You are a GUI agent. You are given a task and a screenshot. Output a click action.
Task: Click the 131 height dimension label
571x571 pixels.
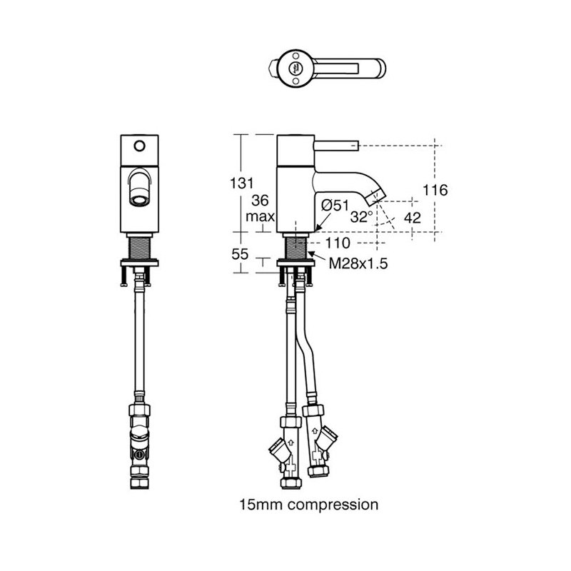point(242,183)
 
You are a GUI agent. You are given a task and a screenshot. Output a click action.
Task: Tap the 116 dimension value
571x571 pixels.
point(435,190)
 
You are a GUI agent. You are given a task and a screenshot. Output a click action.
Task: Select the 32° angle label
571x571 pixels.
point(361,217)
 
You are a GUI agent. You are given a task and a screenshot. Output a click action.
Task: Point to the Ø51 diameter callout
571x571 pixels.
point(335,206)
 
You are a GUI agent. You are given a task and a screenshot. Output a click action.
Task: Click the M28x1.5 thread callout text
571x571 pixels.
point(358,263)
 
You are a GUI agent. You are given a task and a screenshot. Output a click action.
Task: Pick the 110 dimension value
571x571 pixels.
point(338,243)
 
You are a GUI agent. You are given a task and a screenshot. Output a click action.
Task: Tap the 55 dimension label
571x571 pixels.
point(240,254)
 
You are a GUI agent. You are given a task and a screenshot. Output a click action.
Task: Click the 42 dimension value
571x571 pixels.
point(413,218)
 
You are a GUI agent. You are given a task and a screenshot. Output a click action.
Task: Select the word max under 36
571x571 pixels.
point(260,217)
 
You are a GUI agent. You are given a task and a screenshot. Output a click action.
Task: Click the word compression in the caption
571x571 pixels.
point(333,505)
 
